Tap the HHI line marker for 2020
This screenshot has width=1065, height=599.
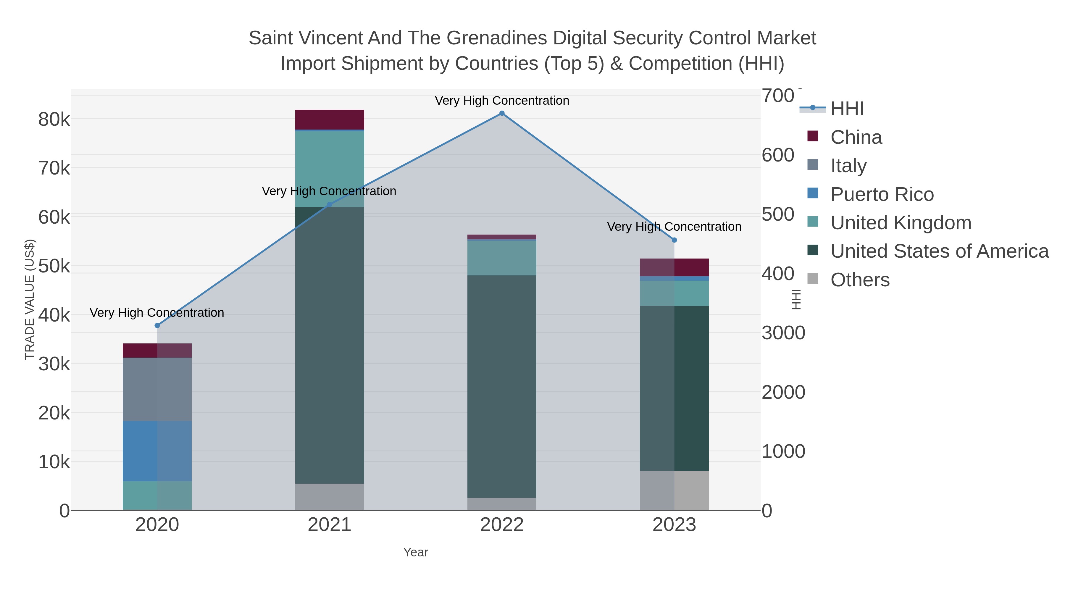click(157, 326)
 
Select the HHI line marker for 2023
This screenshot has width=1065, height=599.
click(674, 240)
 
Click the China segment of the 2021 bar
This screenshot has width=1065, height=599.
click(330, 120)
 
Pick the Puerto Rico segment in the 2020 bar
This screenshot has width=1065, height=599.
click(157, 451)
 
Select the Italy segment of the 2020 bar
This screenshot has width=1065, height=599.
click(157, 389)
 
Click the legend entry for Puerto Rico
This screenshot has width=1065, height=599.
click(882, 194)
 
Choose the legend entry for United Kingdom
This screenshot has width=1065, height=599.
click(901, 223)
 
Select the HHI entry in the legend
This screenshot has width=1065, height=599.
click(847, 109)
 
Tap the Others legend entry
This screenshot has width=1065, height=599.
click(859, 280)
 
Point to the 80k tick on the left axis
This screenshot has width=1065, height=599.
click(54, 120)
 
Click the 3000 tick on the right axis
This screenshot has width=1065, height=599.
click(783, 333)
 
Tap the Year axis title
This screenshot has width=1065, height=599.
click(416, 552)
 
